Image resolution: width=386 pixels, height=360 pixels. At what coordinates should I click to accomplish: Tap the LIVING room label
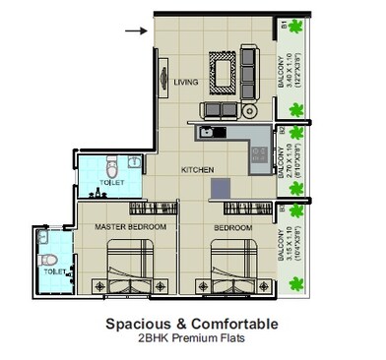186,83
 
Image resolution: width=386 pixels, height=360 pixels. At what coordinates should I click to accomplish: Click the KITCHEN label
197,170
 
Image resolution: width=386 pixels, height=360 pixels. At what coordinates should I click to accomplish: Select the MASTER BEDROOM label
130,227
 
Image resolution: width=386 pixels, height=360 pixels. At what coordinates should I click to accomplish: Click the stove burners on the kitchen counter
259,152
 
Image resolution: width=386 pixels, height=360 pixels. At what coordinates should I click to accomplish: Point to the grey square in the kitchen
225,187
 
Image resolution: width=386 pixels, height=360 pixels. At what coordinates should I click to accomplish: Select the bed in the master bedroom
129,273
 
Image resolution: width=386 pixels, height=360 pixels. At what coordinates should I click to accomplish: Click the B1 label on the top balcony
283,24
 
